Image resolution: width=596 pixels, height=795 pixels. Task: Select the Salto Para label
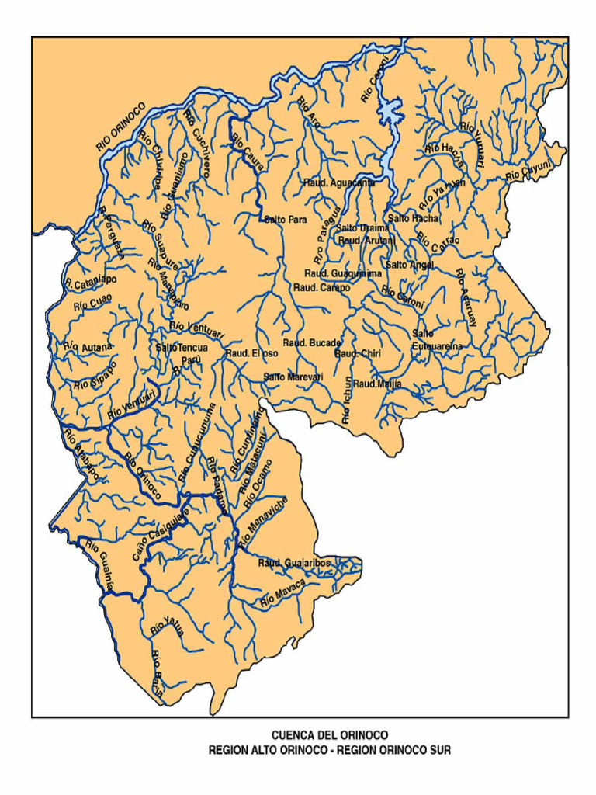tap(286, 220)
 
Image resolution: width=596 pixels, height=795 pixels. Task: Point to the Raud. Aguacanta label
tap(339, 183)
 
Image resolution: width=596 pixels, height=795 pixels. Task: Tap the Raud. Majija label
tap(377, 384)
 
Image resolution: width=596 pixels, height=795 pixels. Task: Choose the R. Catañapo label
tap(91, 277)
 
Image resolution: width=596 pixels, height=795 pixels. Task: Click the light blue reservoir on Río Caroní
tap(389, 113)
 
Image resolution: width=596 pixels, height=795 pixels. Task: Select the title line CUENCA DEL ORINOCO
tap(330, 734)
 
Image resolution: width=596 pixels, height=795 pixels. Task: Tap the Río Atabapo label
tap(81, 455)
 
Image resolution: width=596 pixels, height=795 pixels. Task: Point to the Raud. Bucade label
tap(311, 343)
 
